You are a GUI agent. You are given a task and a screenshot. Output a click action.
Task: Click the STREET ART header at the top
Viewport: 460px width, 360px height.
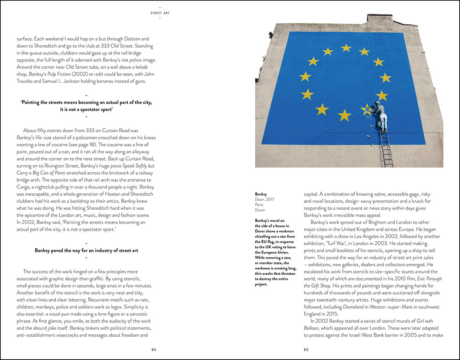pos(160,13)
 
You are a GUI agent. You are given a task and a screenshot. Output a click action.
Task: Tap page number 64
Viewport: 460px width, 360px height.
pos(154,349)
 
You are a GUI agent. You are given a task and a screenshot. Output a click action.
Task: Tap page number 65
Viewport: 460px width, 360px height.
pos(306,349)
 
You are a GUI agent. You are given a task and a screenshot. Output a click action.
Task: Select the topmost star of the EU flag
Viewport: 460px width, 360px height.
pos(346,48)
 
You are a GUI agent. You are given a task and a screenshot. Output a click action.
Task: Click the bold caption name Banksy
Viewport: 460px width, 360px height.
pos(261,194)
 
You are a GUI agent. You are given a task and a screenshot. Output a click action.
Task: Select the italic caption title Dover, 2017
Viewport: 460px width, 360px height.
pos(265,199)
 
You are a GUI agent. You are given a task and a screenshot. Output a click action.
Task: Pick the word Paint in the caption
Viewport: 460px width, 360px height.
pos(260,205)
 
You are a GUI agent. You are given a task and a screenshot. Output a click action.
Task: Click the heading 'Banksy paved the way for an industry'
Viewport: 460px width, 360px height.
pos(86,250)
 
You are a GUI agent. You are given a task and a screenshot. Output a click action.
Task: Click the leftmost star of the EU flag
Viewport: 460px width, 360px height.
pos(306,77)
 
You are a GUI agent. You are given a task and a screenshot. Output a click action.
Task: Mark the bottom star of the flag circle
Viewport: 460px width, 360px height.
pos(345,115)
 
